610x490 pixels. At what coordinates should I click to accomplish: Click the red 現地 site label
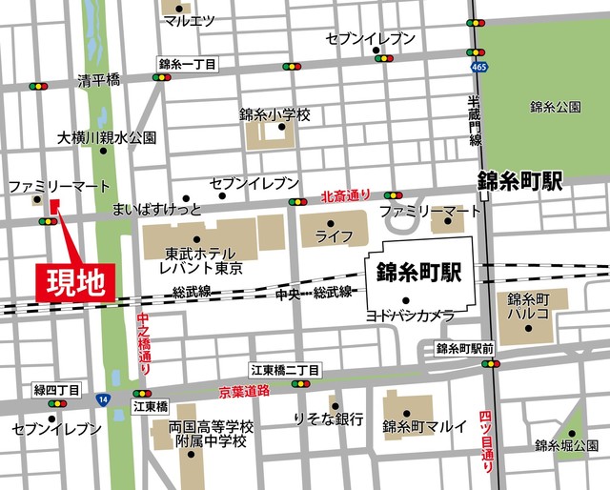(x=76, y=282)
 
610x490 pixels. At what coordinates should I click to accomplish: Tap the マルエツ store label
(x=189, y=20)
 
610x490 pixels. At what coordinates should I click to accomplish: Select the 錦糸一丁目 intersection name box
(x=188, y=64)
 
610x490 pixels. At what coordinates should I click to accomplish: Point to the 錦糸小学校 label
(x=275, y=114)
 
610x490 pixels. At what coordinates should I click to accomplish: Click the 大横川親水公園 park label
(x=106, y=138)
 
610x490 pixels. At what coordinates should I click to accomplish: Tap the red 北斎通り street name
(x=345, y=195)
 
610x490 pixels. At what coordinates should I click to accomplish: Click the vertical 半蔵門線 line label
(x=474, y=122)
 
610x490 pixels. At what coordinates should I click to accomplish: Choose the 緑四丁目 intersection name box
(x=56, y=390)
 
